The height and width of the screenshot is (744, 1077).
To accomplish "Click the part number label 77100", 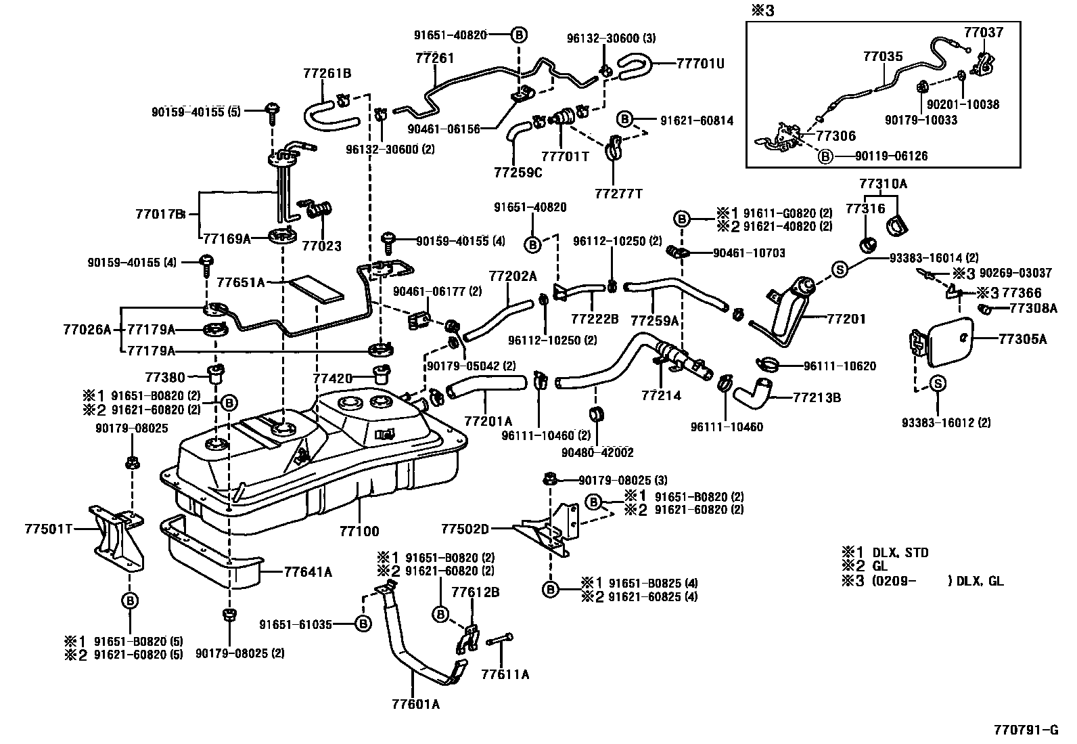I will (359, 532).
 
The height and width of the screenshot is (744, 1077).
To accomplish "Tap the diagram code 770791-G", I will (1026, 730).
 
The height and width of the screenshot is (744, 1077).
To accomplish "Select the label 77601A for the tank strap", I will (415, 704).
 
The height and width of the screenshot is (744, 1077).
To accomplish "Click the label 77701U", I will (700, 64).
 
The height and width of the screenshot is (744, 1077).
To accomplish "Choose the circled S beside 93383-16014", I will (840, 269).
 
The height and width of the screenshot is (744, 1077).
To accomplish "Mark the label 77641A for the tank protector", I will (308, 572).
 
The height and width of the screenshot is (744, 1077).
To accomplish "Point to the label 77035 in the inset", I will (882, 57).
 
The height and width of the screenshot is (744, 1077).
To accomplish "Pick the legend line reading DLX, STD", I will (900, 552).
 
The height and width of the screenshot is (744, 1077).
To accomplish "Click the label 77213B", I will (817, 398).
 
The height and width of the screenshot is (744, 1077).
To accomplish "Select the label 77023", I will (321, 246).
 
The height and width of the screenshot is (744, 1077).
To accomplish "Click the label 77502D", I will (465, 528).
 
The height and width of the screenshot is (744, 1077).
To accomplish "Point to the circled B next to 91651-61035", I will (363, 624).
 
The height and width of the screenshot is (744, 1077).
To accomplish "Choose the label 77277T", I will (618, 194).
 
